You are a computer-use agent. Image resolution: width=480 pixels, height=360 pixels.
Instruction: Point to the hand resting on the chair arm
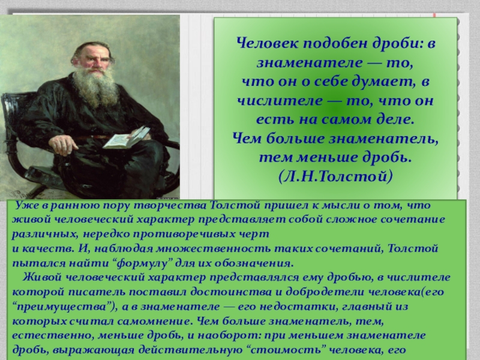tap(63, 145)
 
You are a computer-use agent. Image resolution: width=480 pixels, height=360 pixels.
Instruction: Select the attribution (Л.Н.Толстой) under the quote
tap(335, 176)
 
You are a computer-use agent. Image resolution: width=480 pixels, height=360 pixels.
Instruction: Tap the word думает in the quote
tap(383, 82)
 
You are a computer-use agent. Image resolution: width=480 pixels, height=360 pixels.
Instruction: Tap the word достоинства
tap(231, 292)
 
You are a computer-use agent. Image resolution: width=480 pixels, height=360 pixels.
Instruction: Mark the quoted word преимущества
tap(65, 307)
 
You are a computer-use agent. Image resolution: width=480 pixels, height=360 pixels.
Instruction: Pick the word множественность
tap(214, 248)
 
